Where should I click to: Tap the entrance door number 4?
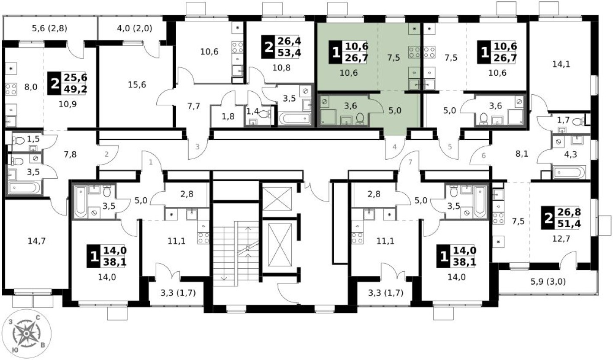click(x=394, y=147)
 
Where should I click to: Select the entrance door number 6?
click(x=484, y=156)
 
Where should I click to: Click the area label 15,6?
click(x=137, y=85)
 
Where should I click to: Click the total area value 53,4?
click(x=289, y=52)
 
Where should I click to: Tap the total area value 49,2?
click(x=75, y=89)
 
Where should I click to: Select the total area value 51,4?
click(x=569, y=224)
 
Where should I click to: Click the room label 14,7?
click(x=37, y=241)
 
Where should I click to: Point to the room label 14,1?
click(x=561, y=64)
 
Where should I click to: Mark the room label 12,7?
click(x=561, y=239)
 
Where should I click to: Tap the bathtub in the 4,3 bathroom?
click(x=569, y=172)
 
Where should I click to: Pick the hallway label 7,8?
click(x=70, y=154)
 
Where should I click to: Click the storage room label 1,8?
click(x=228, y=117)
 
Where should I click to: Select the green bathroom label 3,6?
click(x=350, y=106)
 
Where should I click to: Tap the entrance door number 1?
click(x=151, y=163)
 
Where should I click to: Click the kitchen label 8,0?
click(x=31, y=87)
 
